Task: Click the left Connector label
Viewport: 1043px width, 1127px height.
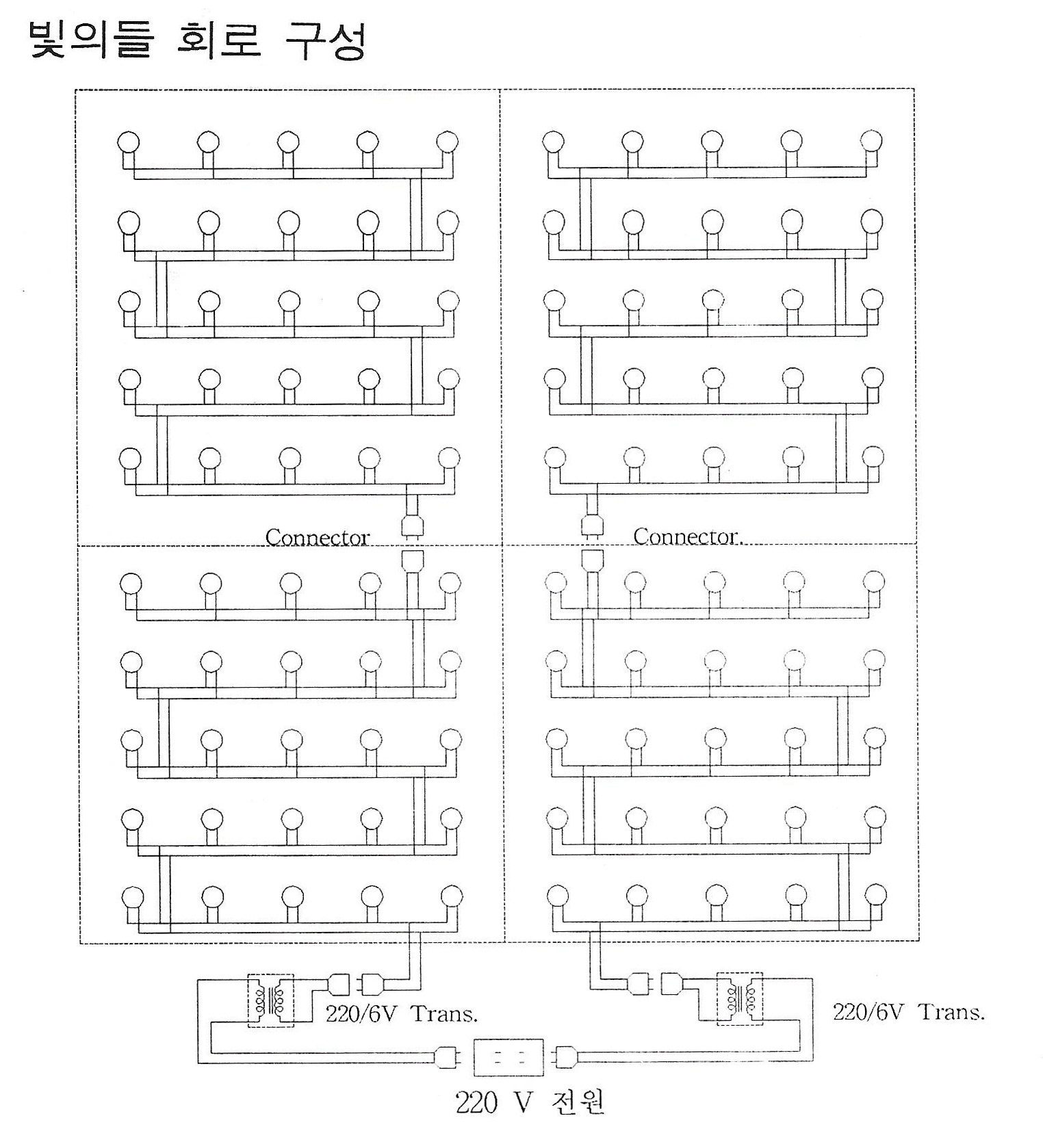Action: coord(317,537)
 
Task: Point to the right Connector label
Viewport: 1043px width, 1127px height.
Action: coord(687,536)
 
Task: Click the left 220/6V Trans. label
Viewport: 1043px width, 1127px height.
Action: coord(402,1013)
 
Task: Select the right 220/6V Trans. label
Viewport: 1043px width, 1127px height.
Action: coord(909,1012)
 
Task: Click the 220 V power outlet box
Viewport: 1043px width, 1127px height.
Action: coord(508,1057)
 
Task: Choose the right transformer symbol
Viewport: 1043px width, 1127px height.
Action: coord(740,999)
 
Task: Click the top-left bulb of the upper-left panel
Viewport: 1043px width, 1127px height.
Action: coord(129,142)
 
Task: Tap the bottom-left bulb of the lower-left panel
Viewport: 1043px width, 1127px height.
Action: coord(132,896)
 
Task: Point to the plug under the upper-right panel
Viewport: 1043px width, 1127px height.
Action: coord(592,526)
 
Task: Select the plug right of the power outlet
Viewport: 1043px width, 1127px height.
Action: coord(567,1057)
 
